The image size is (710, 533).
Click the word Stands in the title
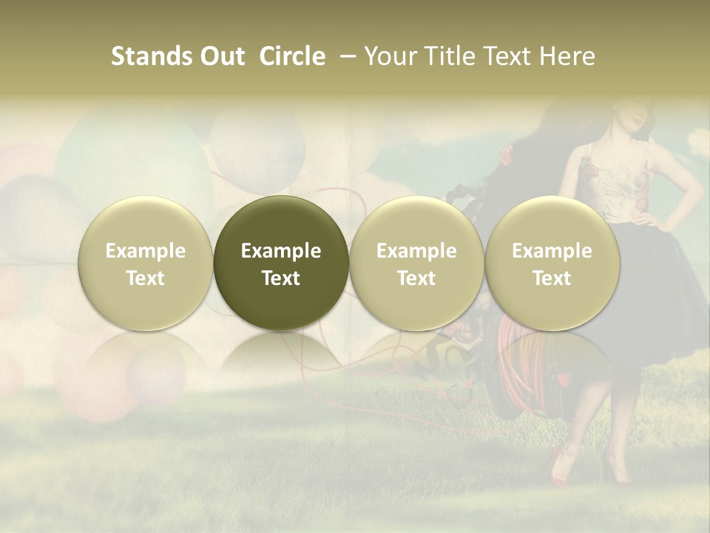click(x=152, y=56)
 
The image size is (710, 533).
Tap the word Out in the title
click(x=221, y=56)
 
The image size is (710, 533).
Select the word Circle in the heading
click(x=292, y=56)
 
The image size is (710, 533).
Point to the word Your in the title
click(x=389, y=56)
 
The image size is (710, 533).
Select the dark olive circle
click(x=281, y=263)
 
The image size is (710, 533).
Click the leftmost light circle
click(x=146, y=263)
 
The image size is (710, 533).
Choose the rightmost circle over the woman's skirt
click(x=552, y=263)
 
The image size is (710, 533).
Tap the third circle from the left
click(x=416, y=263)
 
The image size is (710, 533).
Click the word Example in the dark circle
click(x=281, y=251)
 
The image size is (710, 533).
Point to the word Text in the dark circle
click(x=281, y=278)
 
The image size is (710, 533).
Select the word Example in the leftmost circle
click(x=146, y=251)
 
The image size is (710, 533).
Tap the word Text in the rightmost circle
click(x=552, y=278)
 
